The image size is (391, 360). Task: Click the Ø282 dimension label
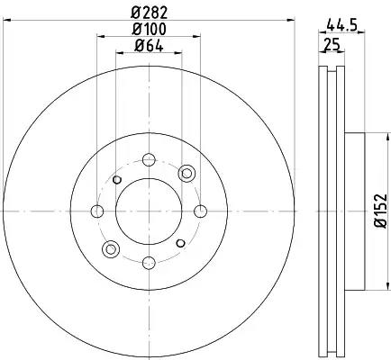point(150,13)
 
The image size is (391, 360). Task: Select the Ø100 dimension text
point(150,30)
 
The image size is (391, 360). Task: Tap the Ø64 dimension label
point(150,46)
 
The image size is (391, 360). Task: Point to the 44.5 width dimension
point(341,24)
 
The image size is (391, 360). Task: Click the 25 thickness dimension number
point(332,45)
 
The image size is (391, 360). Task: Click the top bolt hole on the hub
point(149,159)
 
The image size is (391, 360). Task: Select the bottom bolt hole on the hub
point(149,263)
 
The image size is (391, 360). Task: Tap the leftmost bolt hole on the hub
point(97,211)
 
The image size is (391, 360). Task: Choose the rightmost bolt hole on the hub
point(200,211)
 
